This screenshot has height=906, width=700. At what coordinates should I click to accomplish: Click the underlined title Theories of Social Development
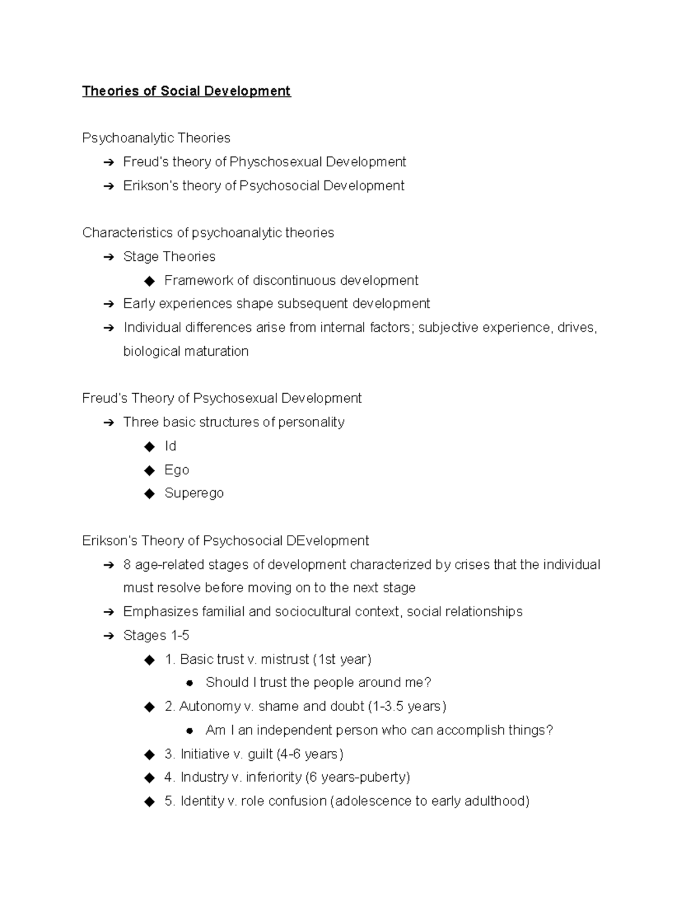(x=186, y=91)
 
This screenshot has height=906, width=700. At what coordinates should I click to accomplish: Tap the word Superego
(x=194, y=493)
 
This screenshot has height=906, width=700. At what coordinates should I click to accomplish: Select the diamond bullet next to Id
(x=150, y=446)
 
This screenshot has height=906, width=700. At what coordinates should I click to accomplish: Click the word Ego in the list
(x=177, y=470)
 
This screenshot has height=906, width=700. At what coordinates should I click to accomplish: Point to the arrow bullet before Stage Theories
(x=108, y=257)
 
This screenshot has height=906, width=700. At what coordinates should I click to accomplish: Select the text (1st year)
(x=342, y=659)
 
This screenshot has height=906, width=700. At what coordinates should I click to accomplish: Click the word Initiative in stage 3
(x=205, y=754)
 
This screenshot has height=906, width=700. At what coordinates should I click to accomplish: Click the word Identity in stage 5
(x=202, y=801)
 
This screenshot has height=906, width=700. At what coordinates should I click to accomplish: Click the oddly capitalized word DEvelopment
(x=327, y=541)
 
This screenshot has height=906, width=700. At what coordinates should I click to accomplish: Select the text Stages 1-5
(x=156, y=635)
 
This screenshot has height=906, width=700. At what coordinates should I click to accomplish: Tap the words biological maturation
(x=185, y=351)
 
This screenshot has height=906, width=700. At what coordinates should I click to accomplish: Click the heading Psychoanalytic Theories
(x=156, y=138)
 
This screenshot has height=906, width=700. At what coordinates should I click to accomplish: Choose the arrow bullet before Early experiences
(x=108, y=304)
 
